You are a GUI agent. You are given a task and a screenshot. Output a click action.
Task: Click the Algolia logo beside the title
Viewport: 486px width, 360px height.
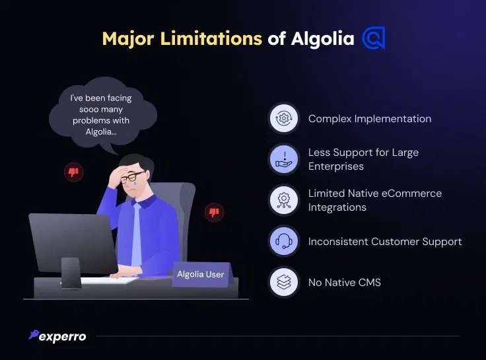click(x=374, y=38)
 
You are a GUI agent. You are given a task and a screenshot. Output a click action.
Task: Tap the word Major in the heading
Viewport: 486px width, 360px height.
click(x=128, y=39)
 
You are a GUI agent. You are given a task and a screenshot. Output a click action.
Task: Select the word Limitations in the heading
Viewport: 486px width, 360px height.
click(x=211, y=38)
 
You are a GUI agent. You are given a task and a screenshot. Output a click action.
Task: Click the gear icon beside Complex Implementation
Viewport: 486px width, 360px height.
click(x=283, y=118)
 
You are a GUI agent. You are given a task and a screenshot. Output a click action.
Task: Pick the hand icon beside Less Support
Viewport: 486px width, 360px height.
click(x=283, y=159)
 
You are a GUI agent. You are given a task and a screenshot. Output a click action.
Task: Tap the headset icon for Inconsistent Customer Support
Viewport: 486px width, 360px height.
click(x=283, y=241)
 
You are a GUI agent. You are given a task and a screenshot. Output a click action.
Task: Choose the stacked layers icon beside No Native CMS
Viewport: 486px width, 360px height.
click(x=283, y=282)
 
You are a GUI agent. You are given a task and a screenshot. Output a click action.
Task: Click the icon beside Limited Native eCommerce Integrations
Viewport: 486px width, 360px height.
click(x=283, y=200)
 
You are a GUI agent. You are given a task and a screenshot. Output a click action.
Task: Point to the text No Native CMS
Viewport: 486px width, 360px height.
click(x=344, y=283)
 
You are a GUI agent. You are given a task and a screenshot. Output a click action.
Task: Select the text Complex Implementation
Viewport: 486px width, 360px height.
click(x=370, y=119)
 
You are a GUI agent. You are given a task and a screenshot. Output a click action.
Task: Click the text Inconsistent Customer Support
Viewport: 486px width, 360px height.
click(x=385, y=242)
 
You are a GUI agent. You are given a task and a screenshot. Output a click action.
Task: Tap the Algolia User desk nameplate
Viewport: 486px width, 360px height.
click(x=202, y=274)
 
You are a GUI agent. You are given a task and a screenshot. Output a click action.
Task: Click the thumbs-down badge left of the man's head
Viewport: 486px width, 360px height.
click(x=73, y=172)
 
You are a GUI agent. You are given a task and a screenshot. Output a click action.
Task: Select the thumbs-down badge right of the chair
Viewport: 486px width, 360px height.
click(x=214, y=213)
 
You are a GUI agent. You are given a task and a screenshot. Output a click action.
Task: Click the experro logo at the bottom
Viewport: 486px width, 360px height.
click(x=57, y=336)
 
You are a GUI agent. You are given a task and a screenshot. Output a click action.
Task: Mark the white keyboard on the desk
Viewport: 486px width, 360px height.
click(x=109, y=280)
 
